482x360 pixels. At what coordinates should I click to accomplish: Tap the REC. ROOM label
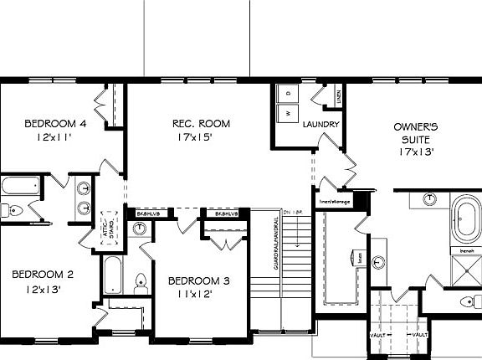(201, 124)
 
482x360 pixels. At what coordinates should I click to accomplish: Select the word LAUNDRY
(320, 125)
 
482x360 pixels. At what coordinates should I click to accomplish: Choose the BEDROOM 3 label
(198, 280)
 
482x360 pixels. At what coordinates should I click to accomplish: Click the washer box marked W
(287, 112)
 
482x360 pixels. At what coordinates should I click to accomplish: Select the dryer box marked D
(287, 92)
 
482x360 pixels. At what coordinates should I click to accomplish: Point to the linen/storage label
(335, 201)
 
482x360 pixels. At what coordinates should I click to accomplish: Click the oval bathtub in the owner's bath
(464, 217)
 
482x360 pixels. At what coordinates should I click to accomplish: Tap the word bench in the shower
(467, 249)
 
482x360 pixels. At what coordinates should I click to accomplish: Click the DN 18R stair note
(293, 213)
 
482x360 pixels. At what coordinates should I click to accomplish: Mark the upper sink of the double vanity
(84, 188)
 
